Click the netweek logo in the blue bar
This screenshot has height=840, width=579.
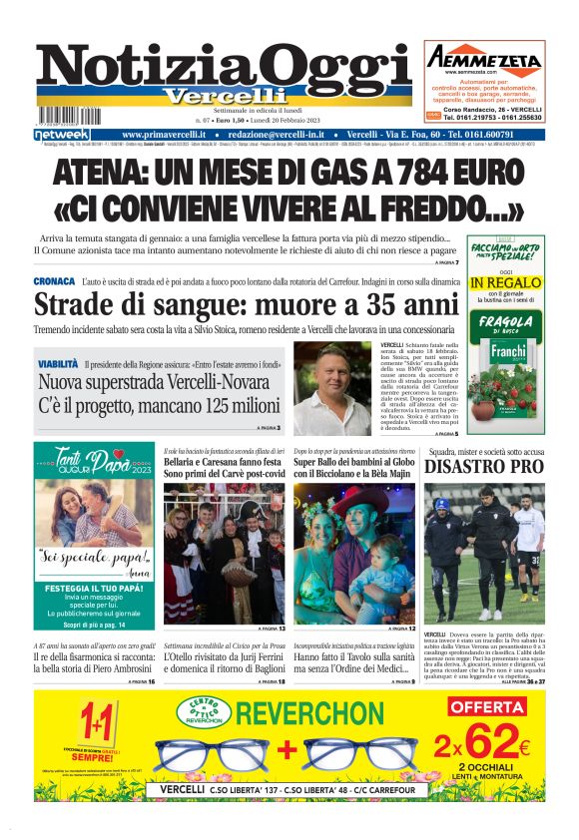coord(62,134)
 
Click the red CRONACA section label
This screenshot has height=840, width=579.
coord(54,282)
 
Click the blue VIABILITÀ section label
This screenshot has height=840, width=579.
coord(58,365)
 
